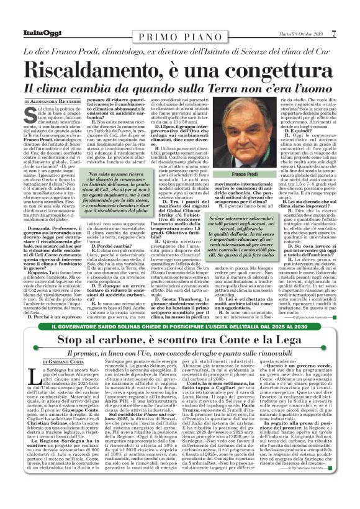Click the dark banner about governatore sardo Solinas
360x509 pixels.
coord(180,325)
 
